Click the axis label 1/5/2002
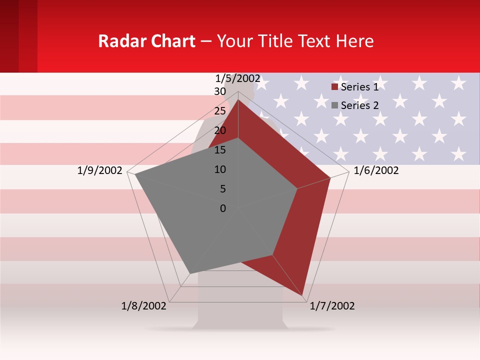[238, 78]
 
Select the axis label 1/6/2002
[376, 170]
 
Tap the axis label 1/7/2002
[332, 306]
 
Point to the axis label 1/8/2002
[144, 306]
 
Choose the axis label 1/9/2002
[100, 170]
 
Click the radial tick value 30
[220, 91]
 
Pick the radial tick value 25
[220, 111]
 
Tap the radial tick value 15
[220, 150]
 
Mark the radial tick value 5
[222, 189]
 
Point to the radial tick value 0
[223, 208]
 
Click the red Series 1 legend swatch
[335, 87]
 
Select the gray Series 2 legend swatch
[335, 105]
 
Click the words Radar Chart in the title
[146, 41]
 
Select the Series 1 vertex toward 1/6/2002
[330, 177]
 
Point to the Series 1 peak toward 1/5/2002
[238, 99]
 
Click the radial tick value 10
[220, 169]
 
